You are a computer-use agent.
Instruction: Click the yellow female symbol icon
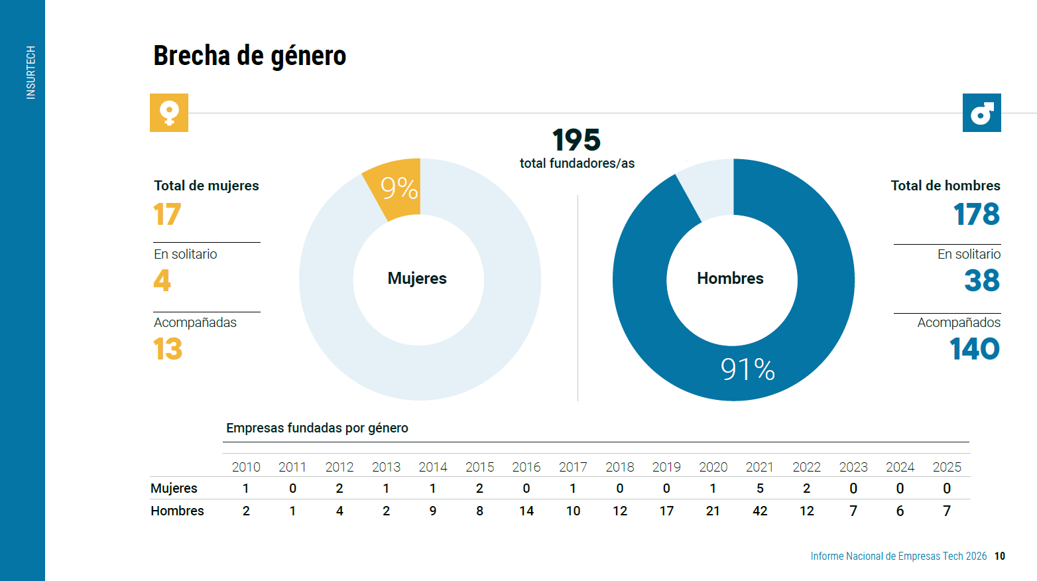169,113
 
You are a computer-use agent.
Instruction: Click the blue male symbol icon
981,113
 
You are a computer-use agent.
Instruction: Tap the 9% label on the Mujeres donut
399,188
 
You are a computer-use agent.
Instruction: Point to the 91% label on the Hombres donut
748,369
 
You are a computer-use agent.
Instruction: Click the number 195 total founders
576,140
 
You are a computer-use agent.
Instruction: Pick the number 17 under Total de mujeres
166,214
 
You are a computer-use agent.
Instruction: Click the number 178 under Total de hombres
977,214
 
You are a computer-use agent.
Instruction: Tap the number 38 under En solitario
982,281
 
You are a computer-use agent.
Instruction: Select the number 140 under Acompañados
975,349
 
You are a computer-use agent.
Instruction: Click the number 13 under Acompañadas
168,349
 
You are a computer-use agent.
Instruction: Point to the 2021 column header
760,467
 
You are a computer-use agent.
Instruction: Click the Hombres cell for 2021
760,511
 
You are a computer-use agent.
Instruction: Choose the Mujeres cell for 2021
760,488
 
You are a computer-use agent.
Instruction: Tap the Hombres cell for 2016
526,511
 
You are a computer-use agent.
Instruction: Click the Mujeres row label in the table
174,488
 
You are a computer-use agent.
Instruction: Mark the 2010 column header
246,467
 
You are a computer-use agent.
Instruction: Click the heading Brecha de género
249,56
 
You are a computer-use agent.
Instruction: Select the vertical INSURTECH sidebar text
30,72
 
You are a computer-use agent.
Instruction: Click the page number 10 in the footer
999,556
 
